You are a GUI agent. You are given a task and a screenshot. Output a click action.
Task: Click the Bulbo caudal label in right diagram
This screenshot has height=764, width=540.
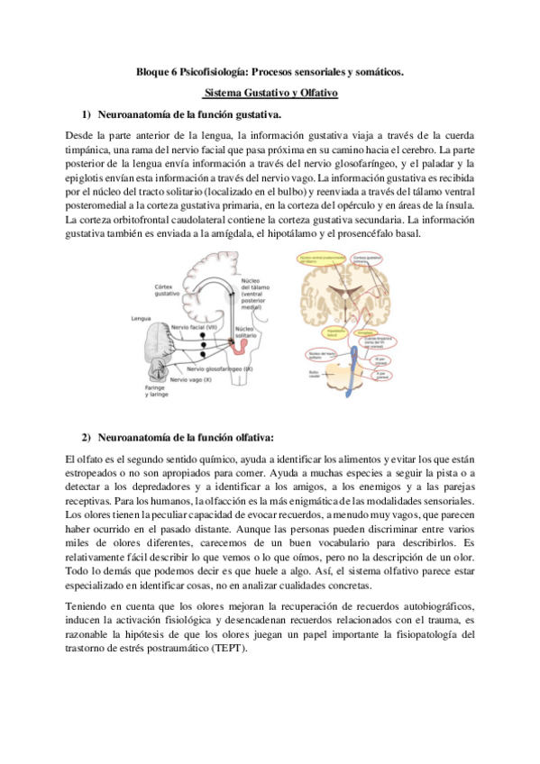click(x=314, y=370)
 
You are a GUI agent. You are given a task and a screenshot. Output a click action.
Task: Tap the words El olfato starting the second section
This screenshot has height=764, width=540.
click(x=85, y=461)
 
